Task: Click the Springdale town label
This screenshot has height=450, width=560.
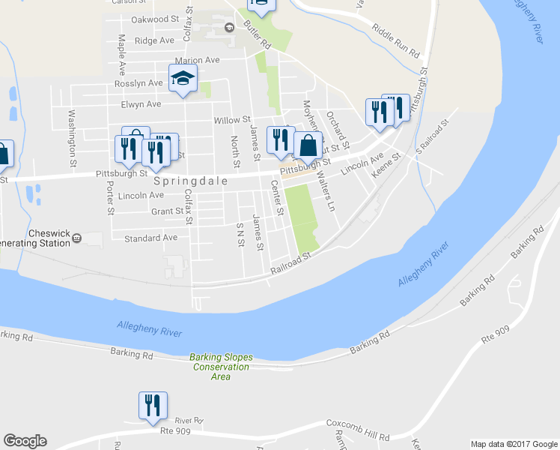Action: click(185, 182)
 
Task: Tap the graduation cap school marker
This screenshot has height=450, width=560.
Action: click(183, 79)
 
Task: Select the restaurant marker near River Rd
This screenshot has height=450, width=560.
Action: click(153, 405)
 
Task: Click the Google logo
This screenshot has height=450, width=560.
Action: click(25, 441)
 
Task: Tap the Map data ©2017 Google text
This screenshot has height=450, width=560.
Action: click(514, 443)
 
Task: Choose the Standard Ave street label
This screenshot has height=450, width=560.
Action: click(150, 238)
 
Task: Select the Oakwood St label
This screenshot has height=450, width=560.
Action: click(156, 19)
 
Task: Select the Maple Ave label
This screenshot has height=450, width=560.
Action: click(121, 49)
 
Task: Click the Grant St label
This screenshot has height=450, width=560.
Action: click(167, 211)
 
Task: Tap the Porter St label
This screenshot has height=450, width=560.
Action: click(109, 198)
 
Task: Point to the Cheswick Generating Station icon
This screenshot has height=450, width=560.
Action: click(76, 239)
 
